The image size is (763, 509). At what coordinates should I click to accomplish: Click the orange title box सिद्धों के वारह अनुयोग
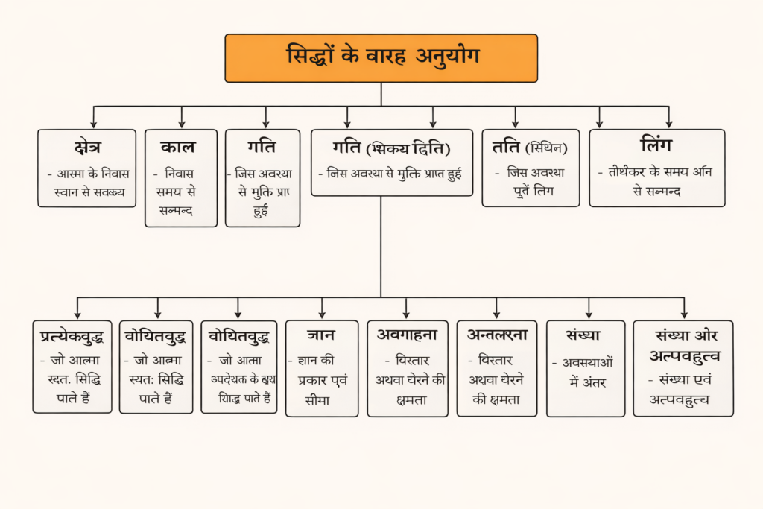pos(381,57)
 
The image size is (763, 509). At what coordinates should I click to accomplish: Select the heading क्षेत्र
pos(87,147)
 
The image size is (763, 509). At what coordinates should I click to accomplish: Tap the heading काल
pos(181,147)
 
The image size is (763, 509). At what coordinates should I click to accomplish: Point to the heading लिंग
pos(656,144)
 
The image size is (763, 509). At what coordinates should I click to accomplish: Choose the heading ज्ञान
pos(321,335)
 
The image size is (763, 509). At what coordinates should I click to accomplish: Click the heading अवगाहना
pos(407,334)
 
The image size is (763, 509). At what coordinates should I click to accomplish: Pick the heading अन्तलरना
pos(496,335)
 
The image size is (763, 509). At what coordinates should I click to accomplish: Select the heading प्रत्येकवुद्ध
pos(72,336)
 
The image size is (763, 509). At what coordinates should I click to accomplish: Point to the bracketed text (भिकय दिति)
pos(414,148)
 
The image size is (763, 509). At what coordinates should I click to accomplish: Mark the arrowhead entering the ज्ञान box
pos(322,314)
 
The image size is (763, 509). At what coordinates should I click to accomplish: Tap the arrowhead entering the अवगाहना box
pos(406,314)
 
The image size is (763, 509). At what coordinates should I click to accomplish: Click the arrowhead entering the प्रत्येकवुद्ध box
pos(77,314)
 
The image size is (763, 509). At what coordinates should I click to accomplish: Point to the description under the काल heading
pos(180,192)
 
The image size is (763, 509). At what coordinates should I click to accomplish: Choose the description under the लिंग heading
pos(656,180)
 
